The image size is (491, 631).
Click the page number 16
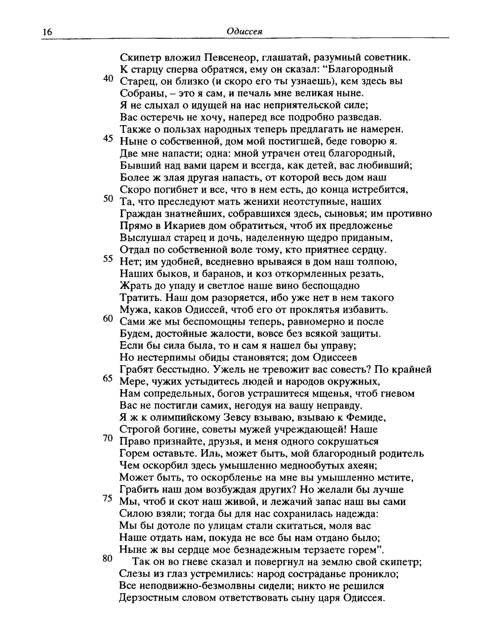47,32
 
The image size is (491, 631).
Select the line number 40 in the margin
109,79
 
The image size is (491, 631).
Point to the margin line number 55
109,259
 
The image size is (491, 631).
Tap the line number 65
109,379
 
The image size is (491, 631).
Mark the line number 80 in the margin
109,558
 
